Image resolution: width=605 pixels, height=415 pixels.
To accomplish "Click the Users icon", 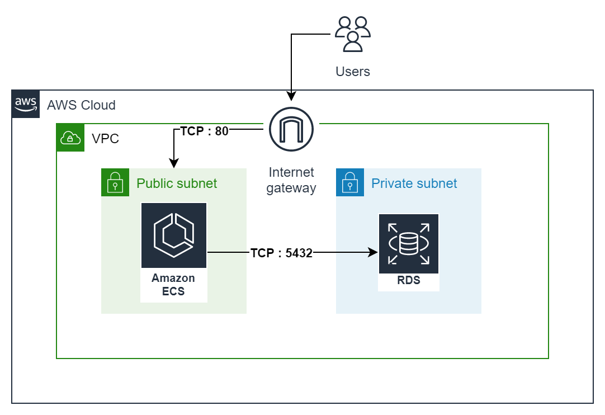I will (x=352, y=34).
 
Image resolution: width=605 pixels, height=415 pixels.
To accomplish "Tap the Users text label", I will (x=352, y=72).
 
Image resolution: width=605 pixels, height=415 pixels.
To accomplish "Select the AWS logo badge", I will (x=26, y=104).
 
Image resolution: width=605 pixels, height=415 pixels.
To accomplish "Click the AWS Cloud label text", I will (x=81, y=105).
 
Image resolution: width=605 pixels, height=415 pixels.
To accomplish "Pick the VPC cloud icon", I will (x=70, y=138).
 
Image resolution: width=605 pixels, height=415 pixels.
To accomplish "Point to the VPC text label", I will (x=105, y=139).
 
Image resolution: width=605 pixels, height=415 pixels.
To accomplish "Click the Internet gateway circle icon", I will (x=291, y=129).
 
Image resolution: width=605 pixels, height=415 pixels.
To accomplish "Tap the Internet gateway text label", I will (x=291, y=180).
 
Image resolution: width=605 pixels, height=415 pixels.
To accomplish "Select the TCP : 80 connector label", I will (x=205, y=131).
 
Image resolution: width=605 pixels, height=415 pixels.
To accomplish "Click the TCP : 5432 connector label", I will (x=281, y=253).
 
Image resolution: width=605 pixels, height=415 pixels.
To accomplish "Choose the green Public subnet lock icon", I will (x=115, y=182).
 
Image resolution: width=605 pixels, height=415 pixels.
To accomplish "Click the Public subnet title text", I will (x=177, y=183).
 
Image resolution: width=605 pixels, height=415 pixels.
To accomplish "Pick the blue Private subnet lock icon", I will (x=350, y=182).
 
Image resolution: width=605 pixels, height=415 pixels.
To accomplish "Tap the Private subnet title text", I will (x=414, y=183).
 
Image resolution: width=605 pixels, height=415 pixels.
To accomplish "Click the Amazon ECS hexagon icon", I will (x=174, y=235).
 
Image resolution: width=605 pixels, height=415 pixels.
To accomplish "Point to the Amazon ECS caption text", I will (x=173, y=285).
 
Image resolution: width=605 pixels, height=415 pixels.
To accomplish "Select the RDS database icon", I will (x=409, y=243).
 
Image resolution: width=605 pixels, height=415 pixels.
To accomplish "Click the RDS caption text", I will (x=409, y=281).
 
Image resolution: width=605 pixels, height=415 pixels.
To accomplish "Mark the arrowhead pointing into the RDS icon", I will (x=374, y=253).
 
